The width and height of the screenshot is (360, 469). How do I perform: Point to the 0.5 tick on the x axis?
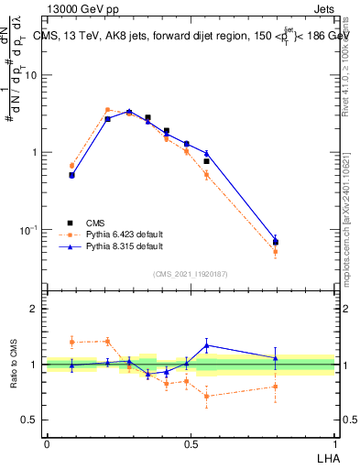click(x=191, y=443)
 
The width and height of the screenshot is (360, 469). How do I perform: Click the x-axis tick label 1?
click(x=333, y=443)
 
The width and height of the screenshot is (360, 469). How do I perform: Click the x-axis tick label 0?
click(x=47, y=443)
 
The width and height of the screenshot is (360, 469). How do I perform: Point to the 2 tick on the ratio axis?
click(x=35, y=309)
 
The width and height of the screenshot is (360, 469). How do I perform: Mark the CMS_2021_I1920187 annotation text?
click(x=191, y=273)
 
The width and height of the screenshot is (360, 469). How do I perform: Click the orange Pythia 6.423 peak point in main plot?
click(x=107, y=110)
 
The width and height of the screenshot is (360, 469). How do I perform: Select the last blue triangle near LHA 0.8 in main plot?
click(x=276, y=238)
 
